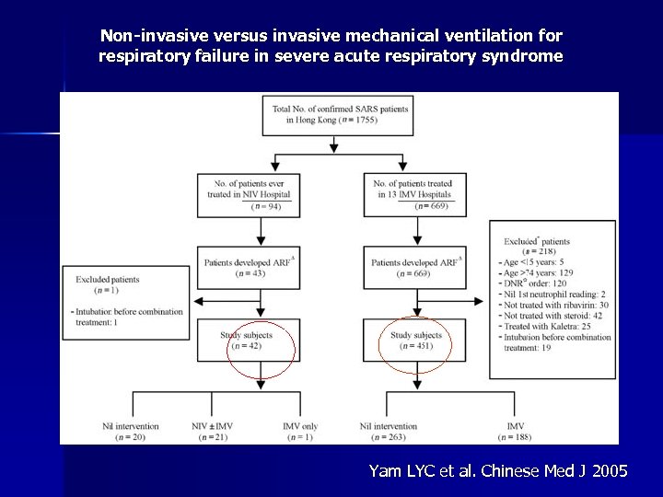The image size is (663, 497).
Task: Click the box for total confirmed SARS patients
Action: click(x=339, y=115)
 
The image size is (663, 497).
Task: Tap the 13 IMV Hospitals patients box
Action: click(x=415, y=195)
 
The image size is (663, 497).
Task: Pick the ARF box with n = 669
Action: click(x=415, y=268)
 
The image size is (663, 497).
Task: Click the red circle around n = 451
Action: click(x=415, y=345)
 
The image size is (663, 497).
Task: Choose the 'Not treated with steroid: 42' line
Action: click(x=552, y=316)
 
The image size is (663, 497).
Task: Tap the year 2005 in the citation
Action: click(x=611, y=471)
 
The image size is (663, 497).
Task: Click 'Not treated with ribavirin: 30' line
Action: click(x=556, y=305)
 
